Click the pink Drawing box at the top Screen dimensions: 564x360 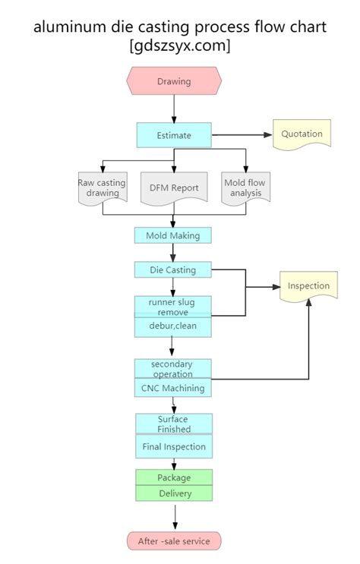point(174,81)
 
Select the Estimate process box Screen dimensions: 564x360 point(174,136)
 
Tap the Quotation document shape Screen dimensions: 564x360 point(302,134)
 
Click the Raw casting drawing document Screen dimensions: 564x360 point(103,187)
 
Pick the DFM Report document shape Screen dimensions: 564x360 point(173,187)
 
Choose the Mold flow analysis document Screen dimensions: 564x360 point(244,187)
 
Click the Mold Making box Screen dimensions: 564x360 point(173,235)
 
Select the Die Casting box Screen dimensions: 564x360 point(173,269)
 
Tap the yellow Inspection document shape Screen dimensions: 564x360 point(308,286)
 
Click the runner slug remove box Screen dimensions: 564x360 point(173,307)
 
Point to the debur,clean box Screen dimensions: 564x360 point(173,326)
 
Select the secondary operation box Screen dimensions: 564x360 point(173,368)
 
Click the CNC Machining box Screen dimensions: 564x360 point(173,388)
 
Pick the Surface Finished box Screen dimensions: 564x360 point(173,424)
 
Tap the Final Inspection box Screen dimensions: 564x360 point(173,446)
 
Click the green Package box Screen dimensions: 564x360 point(174,477)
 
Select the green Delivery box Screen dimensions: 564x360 point(174,493)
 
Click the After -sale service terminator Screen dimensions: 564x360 point(174,540)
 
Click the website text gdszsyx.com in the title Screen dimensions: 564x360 point(180,46)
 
